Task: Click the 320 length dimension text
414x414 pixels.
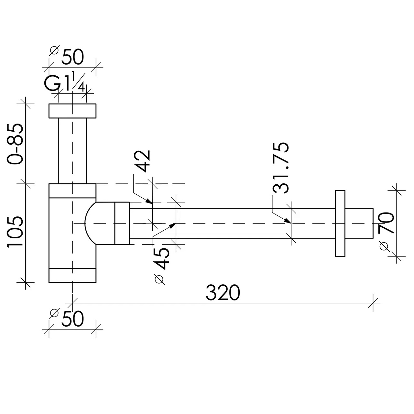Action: [x=223, y=292]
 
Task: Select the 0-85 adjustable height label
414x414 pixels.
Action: [x=15, y=144]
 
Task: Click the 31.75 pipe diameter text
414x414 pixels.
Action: [x=281, y=168]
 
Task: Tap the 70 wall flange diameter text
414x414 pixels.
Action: [x=386, y=223]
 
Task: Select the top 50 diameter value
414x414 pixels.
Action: [x=72, y=57]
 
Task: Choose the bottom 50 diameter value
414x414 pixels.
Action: [x=72, y=319]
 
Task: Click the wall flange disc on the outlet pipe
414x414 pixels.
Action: [x=340, y=223]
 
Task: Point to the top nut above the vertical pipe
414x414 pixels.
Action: [x=72, y=111]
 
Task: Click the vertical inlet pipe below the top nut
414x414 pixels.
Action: [x=73, y=151]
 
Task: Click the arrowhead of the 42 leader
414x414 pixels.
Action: [x=149, y=201]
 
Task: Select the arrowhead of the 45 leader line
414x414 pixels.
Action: [x=172, y=225]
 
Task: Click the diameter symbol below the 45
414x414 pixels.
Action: [x=159, y=279]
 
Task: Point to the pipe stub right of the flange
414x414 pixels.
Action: [x=359, y=223]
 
